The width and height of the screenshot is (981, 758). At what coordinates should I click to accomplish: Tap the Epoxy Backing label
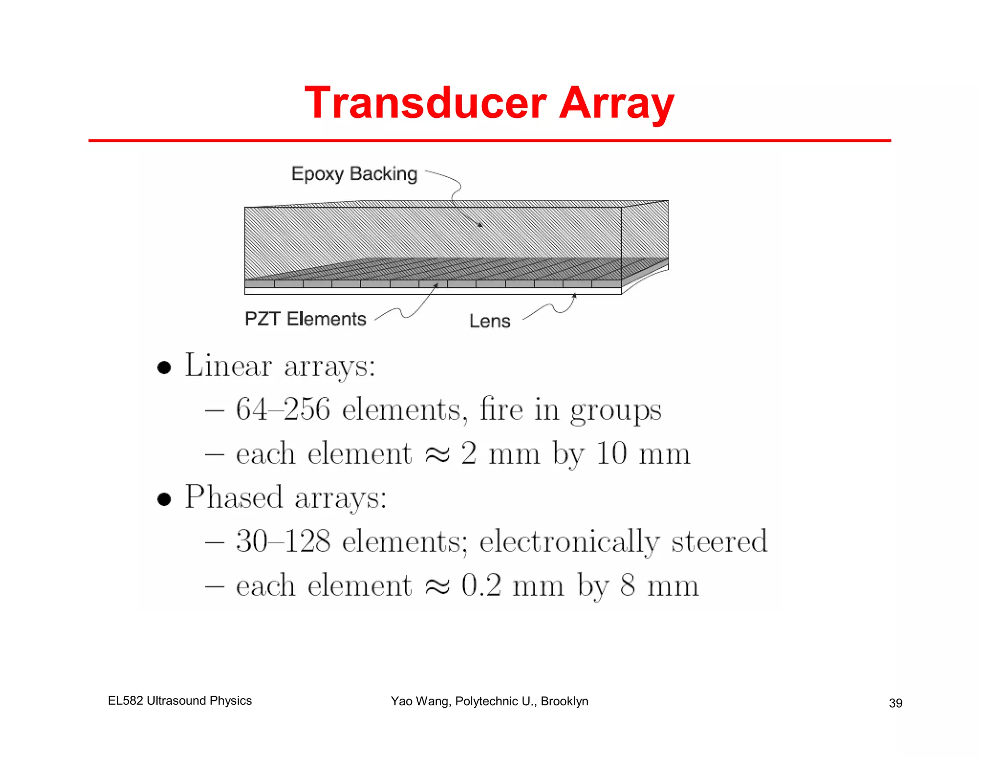[x=354, y=174]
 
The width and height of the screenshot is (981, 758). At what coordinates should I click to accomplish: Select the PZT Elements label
[x=305, y=319]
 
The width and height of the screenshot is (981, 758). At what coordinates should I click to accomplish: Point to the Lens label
[x=490, y=321]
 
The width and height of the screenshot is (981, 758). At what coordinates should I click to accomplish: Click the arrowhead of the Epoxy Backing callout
[x=480, y=225]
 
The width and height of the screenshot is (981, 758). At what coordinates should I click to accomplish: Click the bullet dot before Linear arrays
[x=164, y=368]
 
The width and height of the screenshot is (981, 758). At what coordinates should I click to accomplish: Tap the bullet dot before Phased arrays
[x=164, y=499]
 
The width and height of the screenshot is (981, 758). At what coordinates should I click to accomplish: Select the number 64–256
[x=283, y=410]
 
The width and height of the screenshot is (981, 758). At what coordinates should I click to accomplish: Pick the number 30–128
[x=283, y=541]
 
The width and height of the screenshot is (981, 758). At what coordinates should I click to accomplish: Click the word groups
[x=616, y=411]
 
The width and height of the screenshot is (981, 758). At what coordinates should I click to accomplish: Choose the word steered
[x=719, y=541]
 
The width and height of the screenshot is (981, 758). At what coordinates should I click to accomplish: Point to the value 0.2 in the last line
[x=481, y=585]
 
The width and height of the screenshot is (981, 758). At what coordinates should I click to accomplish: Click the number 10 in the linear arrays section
[x=612, y=453]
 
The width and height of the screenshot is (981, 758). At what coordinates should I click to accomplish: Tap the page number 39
[x=895, y=703]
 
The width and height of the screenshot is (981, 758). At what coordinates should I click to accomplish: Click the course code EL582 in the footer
[x=125, y=701]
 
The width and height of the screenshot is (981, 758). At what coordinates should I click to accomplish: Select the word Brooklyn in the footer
[x=564, y=701]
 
